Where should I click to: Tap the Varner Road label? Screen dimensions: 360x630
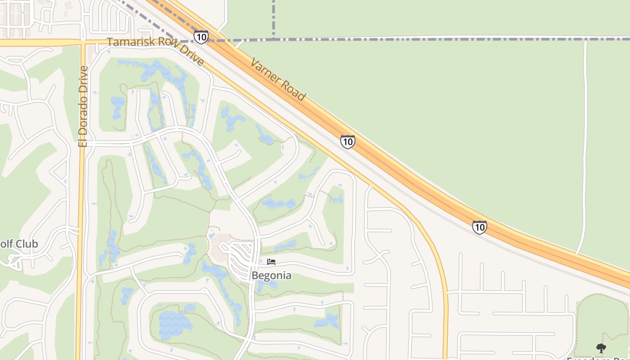pyautogui.click(x=278, y=79)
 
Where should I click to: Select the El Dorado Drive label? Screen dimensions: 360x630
pyautogui.click(x=83, y=106)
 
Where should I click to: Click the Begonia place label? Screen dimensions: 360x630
pyautogui.click(x=271, y=275)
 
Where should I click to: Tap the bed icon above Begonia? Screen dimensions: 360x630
pyautogui.click(x=271, y=262)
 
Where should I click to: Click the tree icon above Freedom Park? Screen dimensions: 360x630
pyautogui.click(x=601, y=348)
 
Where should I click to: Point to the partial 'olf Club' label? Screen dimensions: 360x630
pyautogui.click(x=19, y=244)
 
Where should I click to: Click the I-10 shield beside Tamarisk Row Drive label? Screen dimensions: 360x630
pyautogui.click(x=201, y=37)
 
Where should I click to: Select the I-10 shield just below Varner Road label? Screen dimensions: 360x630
pyautogui.click(x=347, y=142)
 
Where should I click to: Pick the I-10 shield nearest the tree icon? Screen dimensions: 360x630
pyautogui.click(x=480, y=227)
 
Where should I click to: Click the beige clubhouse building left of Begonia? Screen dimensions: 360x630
pyautogui.click(x=220, y=247)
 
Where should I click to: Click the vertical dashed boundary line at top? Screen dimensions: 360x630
pyautogui.click(x=274, y=18)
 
